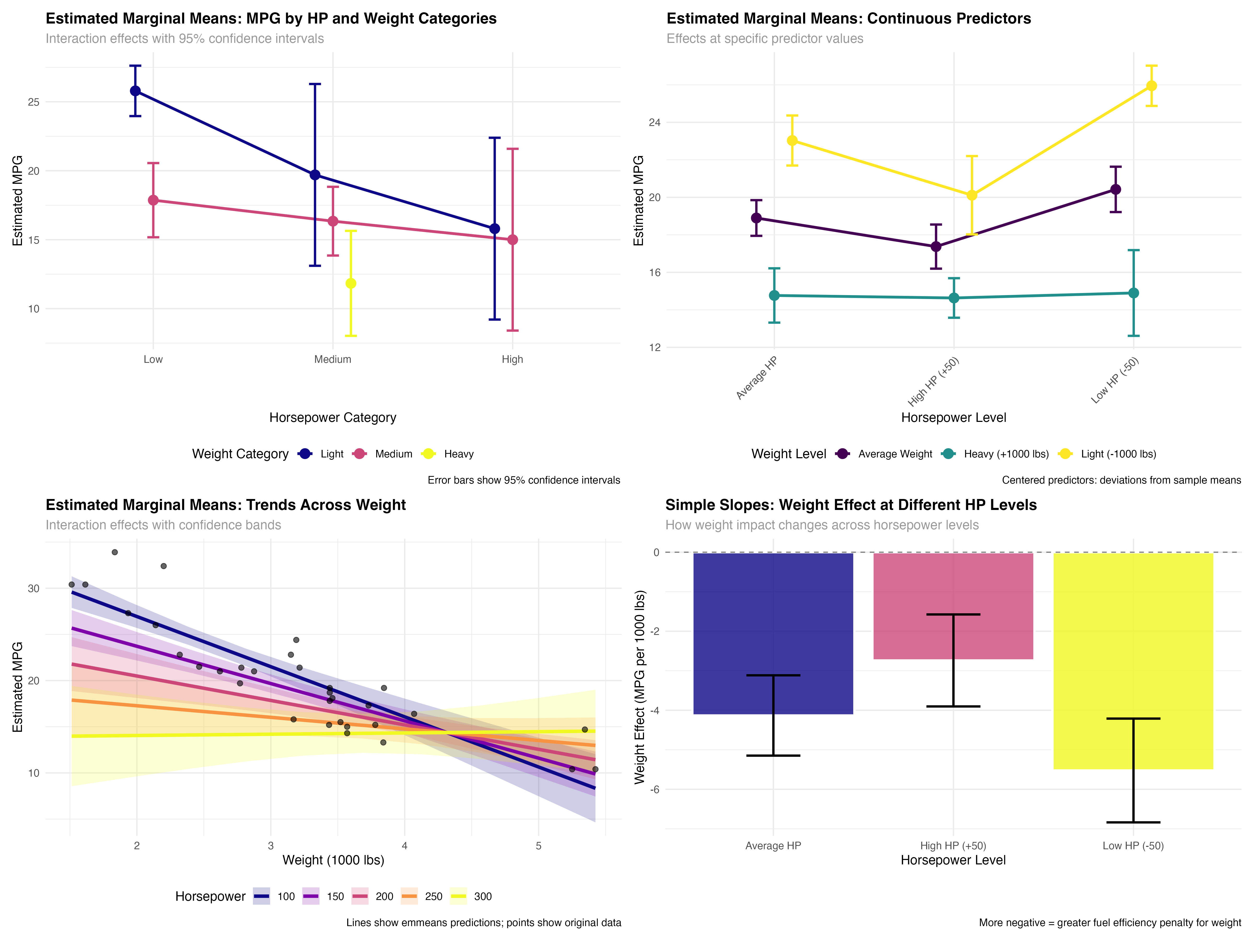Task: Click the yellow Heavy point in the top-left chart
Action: (351, 283)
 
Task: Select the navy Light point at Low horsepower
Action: (135, 91)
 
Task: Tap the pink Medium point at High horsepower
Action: (513, 240)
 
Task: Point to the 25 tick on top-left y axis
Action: (33, 102)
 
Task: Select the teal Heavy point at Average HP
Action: (774, 296)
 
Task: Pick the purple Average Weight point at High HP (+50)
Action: (936, 247)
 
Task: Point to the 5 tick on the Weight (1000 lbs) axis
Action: (538, 846)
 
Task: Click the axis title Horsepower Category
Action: (333, 417)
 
